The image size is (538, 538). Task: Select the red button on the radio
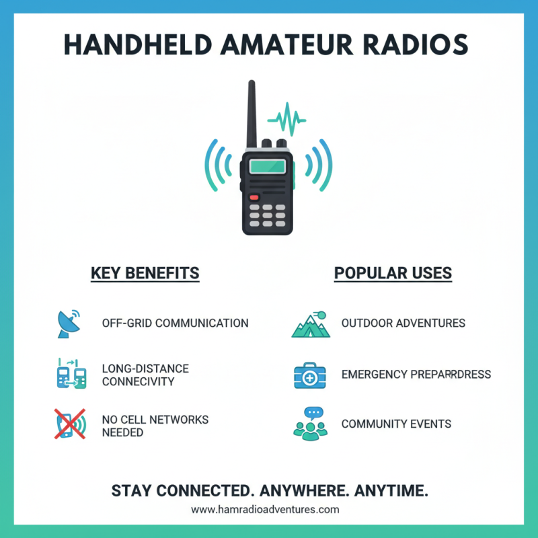click(254, 198)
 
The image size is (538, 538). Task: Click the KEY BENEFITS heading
click(145, 273)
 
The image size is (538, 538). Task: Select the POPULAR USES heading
click(393, 273)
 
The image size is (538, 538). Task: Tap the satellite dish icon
click(67, 323)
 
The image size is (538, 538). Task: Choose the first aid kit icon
click(310, 375)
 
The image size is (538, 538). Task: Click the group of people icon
click(310, 424)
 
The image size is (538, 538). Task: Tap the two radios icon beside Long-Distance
click(71, 375)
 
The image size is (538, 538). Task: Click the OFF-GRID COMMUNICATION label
click(175, 323)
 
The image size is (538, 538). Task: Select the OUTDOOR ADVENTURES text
click(403, 323)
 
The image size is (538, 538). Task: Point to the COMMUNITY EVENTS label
click(396, 424)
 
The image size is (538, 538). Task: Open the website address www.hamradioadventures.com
click(265, 510)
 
